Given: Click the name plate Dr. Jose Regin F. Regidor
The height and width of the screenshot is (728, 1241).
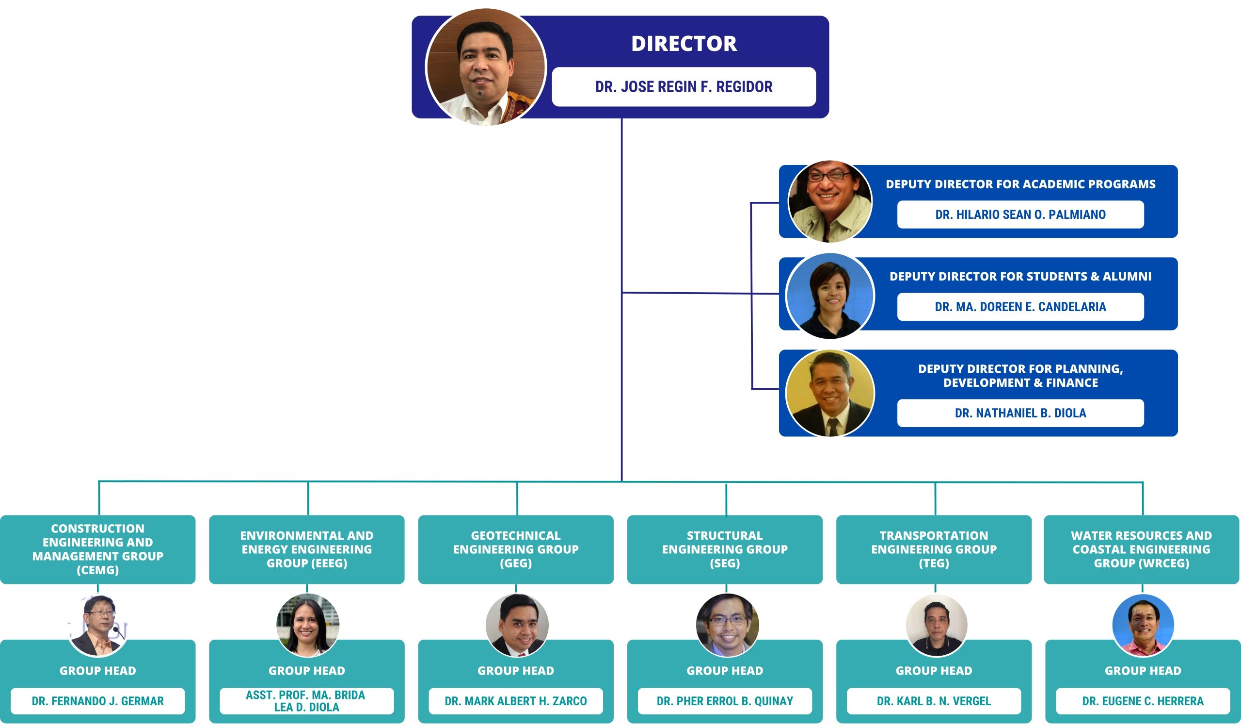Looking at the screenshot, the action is click(684, 87).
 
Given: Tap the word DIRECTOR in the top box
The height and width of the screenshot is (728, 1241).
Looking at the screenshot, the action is click(684, 44).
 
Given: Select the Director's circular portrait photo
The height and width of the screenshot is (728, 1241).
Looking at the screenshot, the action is click(486, 67).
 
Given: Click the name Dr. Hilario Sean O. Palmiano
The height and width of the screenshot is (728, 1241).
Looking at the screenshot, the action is click(1020, 215).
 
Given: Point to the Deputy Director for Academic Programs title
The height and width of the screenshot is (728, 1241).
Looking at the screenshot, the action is click(1020, 184).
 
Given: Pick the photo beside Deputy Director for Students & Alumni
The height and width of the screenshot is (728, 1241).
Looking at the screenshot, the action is click(830, 296).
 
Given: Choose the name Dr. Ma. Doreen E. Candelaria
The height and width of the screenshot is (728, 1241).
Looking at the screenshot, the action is click(1020, 307).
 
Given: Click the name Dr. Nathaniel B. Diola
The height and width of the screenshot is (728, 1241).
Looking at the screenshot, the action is click(1020, 413).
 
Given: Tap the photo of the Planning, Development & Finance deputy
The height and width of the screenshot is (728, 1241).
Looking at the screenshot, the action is click(830, 393).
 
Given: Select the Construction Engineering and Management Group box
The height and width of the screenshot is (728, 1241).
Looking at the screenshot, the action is click(97, 549).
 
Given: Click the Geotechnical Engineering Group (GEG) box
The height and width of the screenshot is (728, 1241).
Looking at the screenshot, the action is click(516, 549).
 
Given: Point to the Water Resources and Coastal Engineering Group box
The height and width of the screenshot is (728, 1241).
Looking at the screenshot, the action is click(1142, 549).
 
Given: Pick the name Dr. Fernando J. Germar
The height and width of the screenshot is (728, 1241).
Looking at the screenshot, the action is click(97, 701).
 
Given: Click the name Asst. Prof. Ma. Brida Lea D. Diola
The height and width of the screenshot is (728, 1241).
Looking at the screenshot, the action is click(306, 701).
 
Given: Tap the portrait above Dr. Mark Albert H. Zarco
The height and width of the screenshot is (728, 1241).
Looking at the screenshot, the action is click(517, 626).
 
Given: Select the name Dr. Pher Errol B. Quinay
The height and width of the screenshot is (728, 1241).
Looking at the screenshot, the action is click(725, 701).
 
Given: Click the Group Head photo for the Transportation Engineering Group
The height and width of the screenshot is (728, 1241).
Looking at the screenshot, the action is click(936, 626).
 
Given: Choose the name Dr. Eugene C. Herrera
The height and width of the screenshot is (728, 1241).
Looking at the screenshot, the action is click(1143, 701).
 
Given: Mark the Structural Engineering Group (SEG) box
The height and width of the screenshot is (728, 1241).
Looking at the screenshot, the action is click(725, 549).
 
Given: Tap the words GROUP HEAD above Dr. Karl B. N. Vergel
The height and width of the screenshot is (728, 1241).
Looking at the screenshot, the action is click(934, 671).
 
